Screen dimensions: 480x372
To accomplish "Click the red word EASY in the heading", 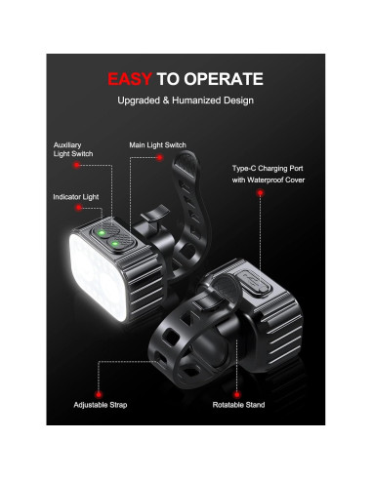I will coord(127,79).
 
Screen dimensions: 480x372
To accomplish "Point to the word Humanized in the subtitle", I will coord(201,101).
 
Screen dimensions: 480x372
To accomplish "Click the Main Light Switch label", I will coord(157,145).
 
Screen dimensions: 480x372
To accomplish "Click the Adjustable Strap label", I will coord(100,404).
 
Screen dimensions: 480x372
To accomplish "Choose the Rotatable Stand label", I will coord(238,404).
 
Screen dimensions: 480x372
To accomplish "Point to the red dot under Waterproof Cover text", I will coord(260,194).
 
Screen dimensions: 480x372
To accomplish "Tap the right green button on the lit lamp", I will coord(117,240).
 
